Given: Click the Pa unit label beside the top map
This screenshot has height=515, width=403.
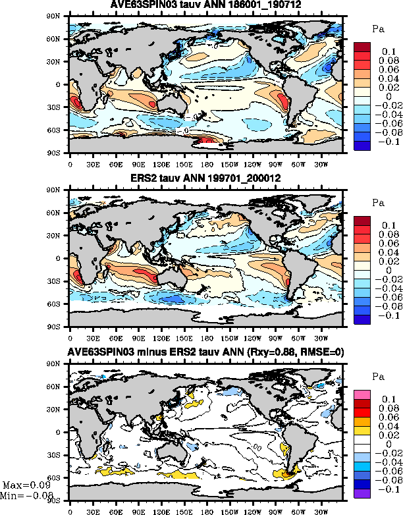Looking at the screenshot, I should (378, 28).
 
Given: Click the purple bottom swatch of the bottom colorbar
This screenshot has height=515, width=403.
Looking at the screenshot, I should (363, 493).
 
